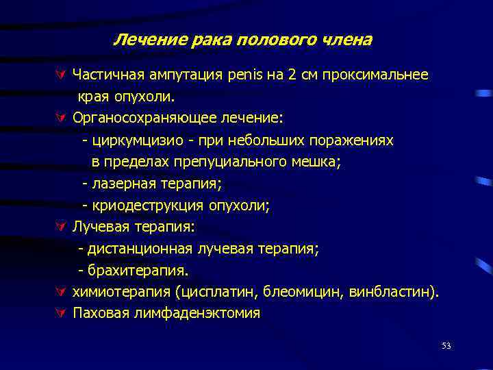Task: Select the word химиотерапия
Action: pos(121,293)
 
